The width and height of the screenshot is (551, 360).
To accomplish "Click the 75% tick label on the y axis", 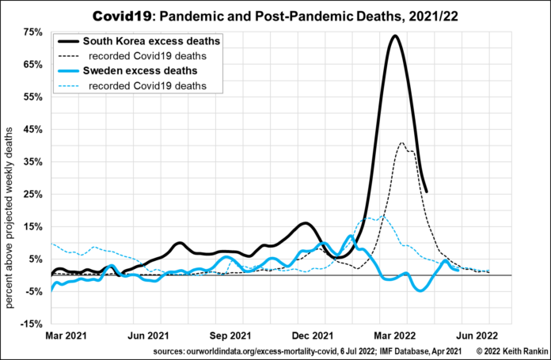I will click(32, 32).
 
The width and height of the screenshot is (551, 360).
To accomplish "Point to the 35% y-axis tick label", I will click(32, 161).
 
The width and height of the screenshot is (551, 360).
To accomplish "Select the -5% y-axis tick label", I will click(32, 291).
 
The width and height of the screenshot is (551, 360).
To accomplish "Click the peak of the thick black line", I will click(394, 36).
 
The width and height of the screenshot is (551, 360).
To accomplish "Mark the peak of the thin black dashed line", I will click(402, 143).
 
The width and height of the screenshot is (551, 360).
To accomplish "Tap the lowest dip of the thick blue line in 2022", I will click(420, 290).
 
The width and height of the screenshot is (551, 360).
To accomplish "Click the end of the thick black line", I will click(427, 191).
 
